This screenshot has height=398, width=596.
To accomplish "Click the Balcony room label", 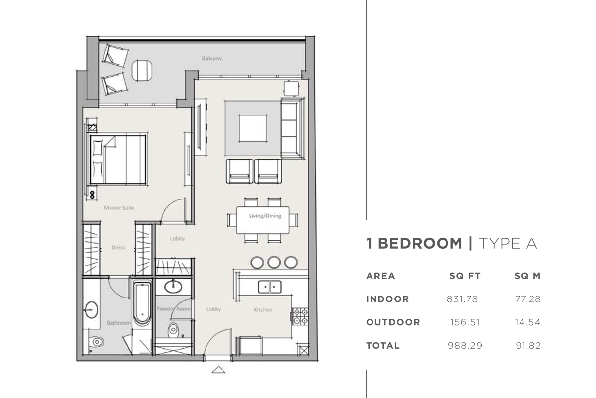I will (x=212, y=59).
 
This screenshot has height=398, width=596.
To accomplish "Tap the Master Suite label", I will (x=119, y=208).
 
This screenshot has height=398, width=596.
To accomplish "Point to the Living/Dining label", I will (x=265, y=216).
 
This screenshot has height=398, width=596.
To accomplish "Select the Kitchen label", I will (x=263, y=310).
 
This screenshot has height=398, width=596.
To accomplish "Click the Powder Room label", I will (x=174, y=309).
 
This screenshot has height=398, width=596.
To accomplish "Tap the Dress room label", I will (x=118, y=247).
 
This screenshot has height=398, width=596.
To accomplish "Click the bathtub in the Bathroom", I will (x=142, y=303).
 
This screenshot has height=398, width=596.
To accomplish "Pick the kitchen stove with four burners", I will (x=299, y=317).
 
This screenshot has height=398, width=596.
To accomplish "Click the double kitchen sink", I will (x=270, y=286).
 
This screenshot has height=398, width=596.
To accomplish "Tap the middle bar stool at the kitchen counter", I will (x=274, y=262).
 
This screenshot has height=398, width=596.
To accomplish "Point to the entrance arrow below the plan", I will (x=218, y=370).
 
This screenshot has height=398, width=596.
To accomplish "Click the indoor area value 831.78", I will (x=462, y=299).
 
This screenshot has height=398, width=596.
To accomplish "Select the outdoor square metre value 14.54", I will (x=527, y=322).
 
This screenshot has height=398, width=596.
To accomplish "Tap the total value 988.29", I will (x=465, y=345).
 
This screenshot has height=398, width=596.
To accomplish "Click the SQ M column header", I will (x=527, y=276).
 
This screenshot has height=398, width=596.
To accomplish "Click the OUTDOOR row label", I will (x=393, y=322).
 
